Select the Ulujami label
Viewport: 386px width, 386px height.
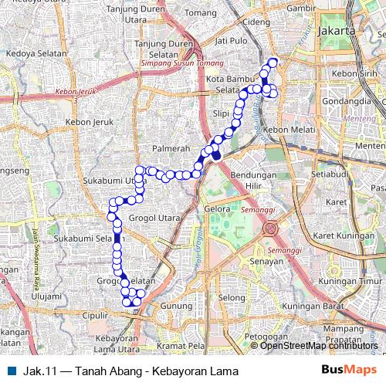pos(46,295)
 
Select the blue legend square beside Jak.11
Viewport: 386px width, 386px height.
pos(9,369)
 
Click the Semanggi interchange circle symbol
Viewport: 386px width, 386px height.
pos(271,229)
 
